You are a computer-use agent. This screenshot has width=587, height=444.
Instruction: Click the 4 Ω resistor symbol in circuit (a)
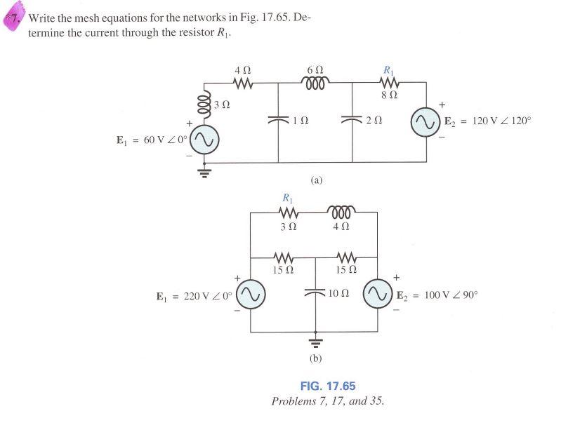(242, 83)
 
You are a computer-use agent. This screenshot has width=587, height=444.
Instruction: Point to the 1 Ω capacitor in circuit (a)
(279, 121)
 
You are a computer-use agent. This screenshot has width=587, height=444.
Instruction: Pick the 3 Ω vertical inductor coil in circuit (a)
(204, 105)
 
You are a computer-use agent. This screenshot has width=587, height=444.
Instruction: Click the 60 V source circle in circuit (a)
(204, 140)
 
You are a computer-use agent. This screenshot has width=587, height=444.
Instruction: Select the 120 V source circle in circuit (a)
(426, 125)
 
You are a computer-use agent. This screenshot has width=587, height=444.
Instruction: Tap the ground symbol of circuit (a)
(204, 172)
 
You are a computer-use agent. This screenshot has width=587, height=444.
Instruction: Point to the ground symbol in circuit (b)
(315, 343)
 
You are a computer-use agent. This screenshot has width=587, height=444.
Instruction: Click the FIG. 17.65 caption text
(328, 386)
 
